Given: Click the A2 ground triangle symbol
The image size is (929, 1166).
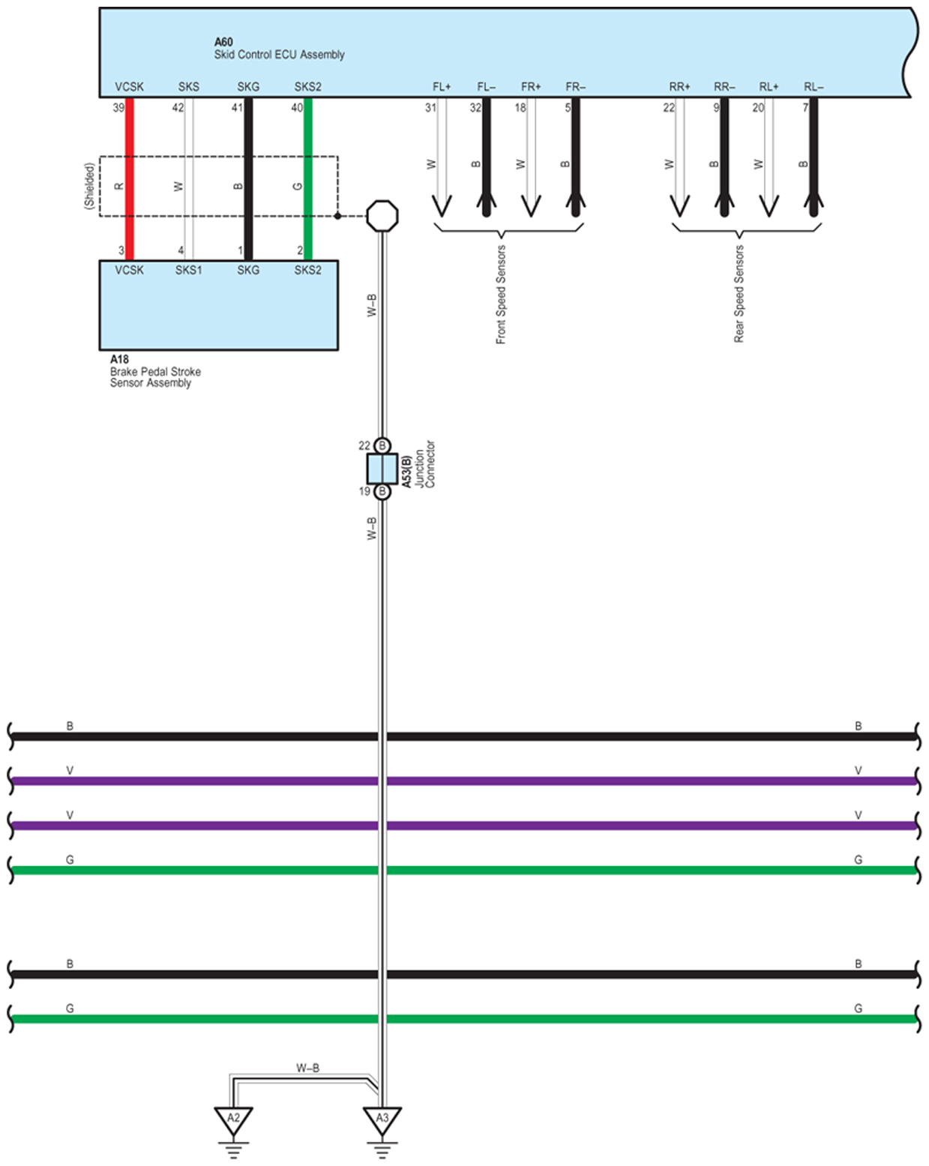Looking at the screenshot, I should pyautogui.click(x=233, y=1120).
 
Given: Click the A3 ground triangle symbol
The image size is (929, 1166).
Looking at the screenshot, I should pyautogui.click(x=382, y=1120).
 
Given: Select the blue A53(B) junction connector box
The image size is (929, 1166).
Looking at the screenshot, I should pyautogui.click(x=382, y=469).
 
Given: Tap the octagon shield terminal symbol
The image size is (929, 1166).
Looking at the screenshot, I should pyautogui.click(x=382, y=216).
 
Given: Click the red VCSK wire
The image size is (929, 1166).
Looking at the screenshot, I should pyautogui.click(x=130, y=180).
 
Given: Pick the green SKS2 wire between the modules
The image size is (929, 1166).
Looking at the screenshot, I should pyautogui.click(x=308, y=180).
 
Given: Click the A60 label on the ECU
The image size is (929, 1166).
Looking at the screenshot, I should pyautogui.click(x=223, y=42).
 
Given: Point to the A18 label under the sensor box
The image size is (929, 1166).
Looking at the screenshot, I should pyautogui.click(x=119, y=359).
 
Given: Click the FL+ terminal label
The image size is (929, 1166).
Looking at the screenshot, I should pyautogui.click(x=442, y=87).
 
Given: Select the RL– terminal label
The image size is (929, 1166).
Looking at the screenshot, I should pyautogui.click(x=814, y=87).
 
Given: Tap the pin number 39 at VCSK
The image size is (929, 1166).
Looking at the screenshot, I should pyautogui.click(x=118, y=108).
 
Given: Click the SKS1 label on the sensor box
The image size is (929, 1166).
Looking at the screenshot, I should pyautogui.click(x=189, y=270).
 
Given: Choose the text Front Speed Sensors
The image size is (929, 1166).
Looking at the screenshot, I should pyautogui.click(x=501, y=295).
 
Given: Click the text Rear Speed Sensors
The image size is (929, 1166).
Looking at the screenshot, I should pyautogui.click(x=739, y=295).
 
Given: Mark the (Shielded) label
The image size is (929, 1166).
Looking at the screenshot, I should pyautogui.click(x=89, y=186).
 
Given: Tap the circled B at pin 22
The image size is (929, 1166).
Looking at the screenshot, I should pyautogui.click(x=382, y=445).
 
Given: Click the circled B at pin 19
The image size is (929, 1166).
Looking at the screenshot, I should pyautogui.click(x=382, y=492).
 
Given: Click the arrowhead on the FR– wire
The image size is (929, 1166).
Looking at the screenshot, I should pyautogui.click(x=576, y=202).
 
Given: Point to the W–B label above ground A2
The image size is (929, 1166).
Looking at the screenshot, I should pyautogui.click(x=307, y=1068).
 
